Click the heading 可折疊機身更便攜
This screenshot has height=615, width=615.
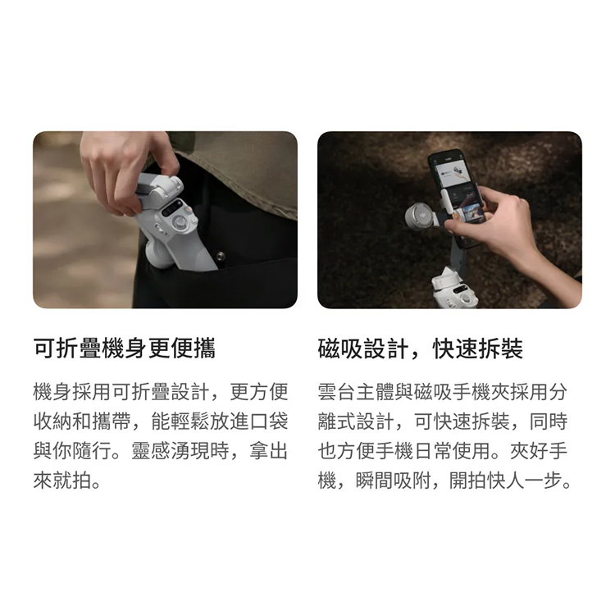tap(124, 348)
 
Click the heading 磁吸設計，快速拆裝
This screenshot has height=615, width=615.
tap(420, 348)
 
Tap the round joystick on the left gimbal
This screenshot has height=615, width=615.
tap(181, 224)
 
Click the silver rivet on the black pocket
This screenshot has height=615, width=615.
tap(220, 257)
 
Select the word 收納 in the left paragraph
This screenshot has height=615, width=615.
tap(52, 421)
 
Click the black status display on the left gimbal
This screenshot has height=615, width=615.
tap(174, 207)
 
